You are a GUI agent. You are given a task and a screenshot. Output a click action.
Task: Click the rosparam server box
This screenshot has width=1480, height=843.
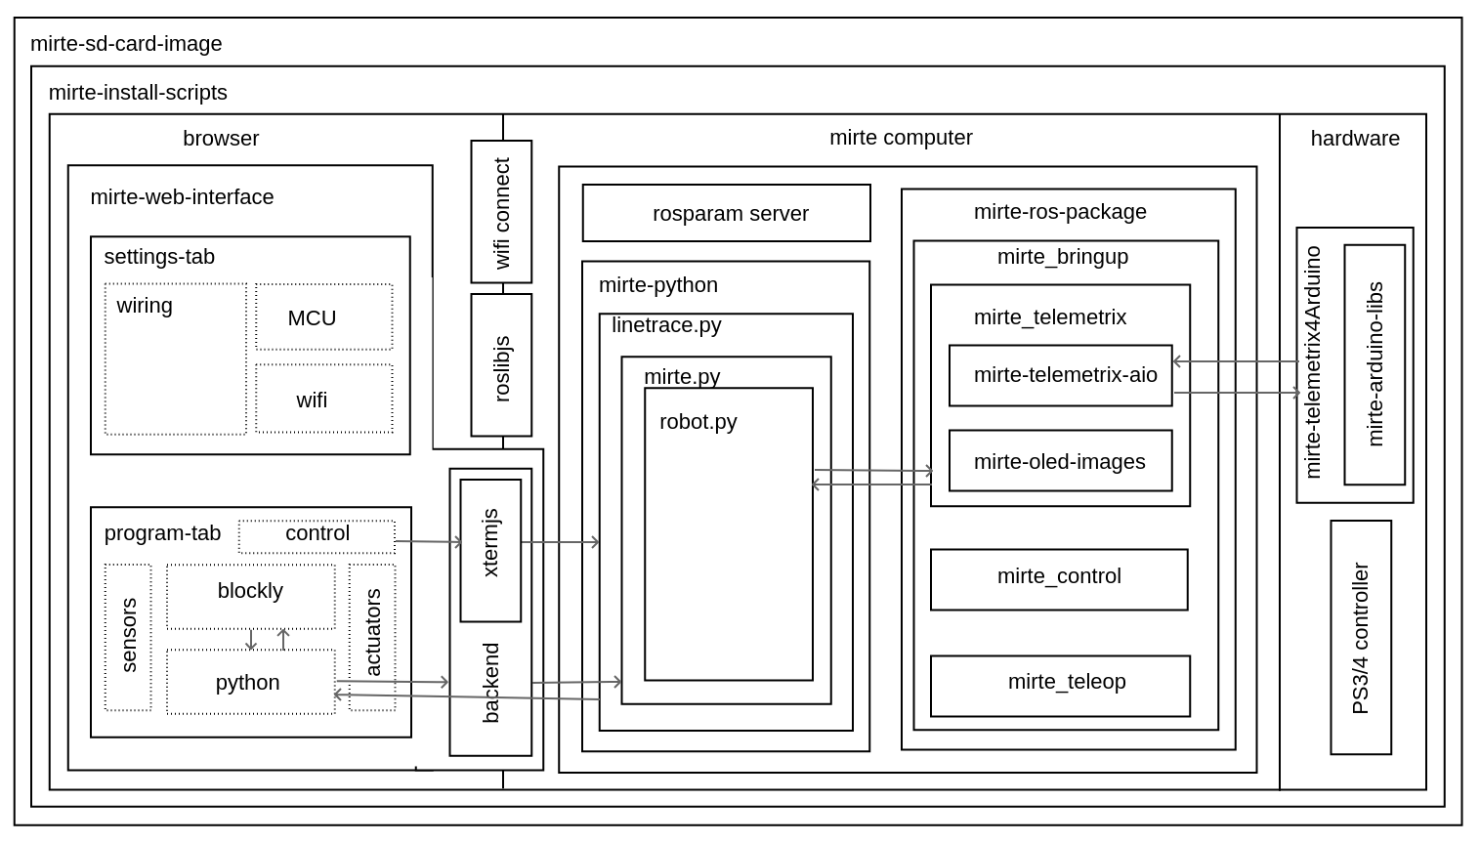726,213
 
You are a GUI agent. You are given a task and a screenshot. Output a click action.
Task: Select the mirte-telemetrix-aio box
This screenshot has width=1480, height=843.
1060,375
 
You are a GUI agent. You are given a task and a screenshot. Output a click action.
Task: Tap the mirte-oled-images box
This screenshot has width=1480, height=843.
1060,461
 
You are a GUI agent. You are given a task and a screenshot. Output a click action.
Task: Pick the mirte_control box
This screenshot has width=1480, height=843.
1059,579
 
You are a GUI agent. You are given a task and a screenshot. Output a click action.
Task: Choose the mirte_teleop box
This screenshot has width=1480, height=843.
1060,686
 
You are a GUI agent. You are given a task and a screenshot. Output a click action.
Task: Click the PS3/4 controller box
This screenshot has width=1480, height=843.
1360,637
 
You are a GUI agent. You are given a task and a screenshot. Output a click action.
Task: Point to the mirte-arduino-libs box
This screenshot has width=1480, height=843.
1374,364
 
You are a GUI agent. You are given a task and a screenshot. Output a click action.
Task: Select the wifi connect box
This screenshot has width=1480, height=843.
501,212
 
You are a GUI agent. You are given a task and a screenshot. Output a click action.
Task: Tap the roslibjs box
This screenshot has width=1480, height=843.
501,364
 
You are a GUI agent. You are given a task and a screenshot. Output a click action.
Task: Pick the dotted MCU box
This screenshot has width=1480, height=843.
323,317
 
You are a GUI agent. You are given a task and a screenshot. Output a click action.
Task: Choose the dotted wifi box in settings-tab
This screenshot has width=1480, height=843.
323,399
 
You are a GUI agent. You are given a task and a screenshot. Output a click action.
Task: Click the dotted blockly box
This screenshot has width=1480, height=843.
250,596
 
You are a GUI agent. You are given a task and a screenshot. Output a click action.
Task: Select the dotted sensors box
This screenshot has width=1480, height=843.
128,637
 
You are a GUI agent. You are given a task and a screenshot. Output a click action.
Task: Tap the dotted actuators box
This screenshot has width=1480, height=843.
372,637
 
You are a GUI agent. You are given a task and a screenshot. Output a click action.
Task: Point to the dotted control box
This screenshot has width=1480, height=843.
317,535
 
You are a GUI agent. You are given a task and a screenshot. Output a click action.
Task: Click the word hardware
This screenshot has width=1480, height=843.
1354,139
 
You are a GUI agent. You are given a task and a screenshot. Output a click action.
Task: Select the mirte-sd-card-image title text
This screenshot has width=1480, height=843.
126,44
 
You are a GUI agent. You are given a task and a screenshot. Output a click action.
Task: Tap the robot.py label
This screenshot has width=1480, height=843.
698,422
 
